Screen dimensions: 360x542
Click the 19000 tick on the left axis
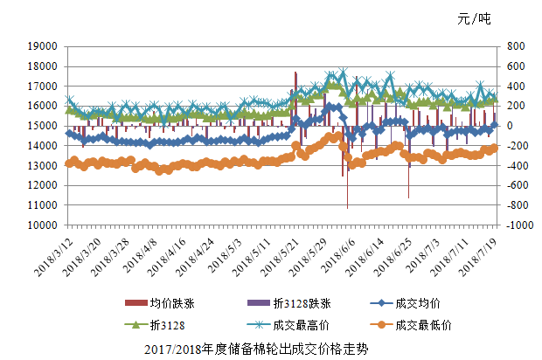coord(44,46)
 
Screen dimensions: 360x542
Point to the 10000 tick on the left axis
coord(44,225)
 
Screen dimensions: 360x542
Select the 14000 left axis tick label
coord(44,145)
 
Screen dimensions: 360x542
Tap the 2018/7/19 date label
coord(482,252)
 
